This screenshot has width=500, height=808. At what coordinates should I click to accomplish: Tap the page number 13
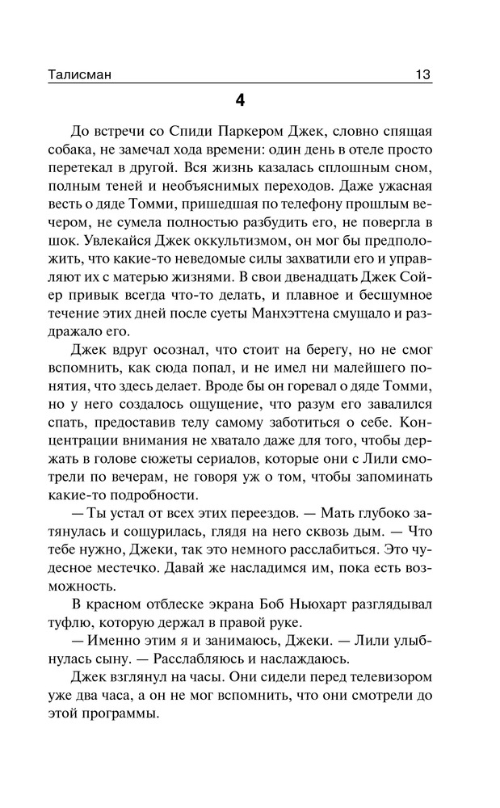[x=421, y=74]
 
